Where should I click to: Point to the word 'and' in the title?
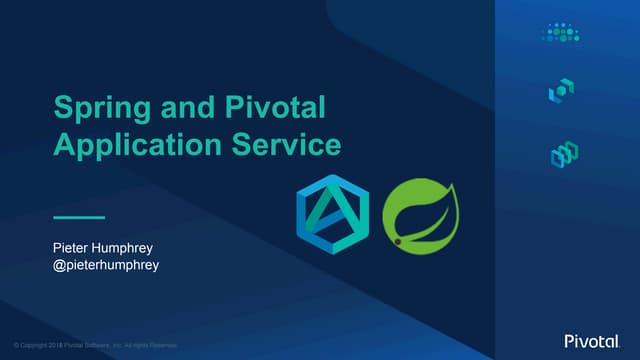click(x=176, y=108)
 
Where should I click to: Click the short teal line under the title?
click(x=79, y=216)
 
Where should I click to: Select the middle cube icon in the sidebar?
click(x=561, y=92)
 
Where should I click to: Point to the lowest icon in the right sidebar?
click(x=564, y=154)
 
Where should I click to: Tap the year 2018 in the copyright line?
click(x=51, y=345)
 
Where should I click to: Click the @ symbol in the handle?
click(x=59, y=267)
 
